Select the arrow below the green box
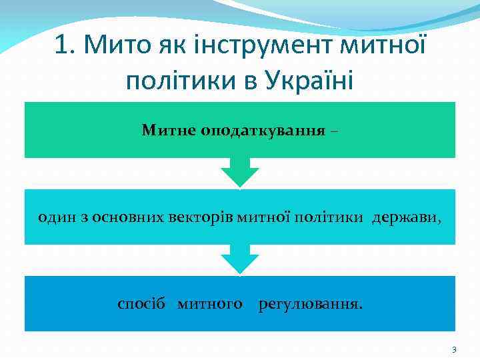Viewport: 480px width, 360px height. point(240,172)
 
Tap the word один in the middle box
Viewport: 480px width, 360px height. point(53,217)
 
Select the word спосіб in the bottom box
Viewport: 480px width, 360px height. point(141,305)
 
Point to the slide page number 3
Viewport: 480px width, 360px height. point(454,349)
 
